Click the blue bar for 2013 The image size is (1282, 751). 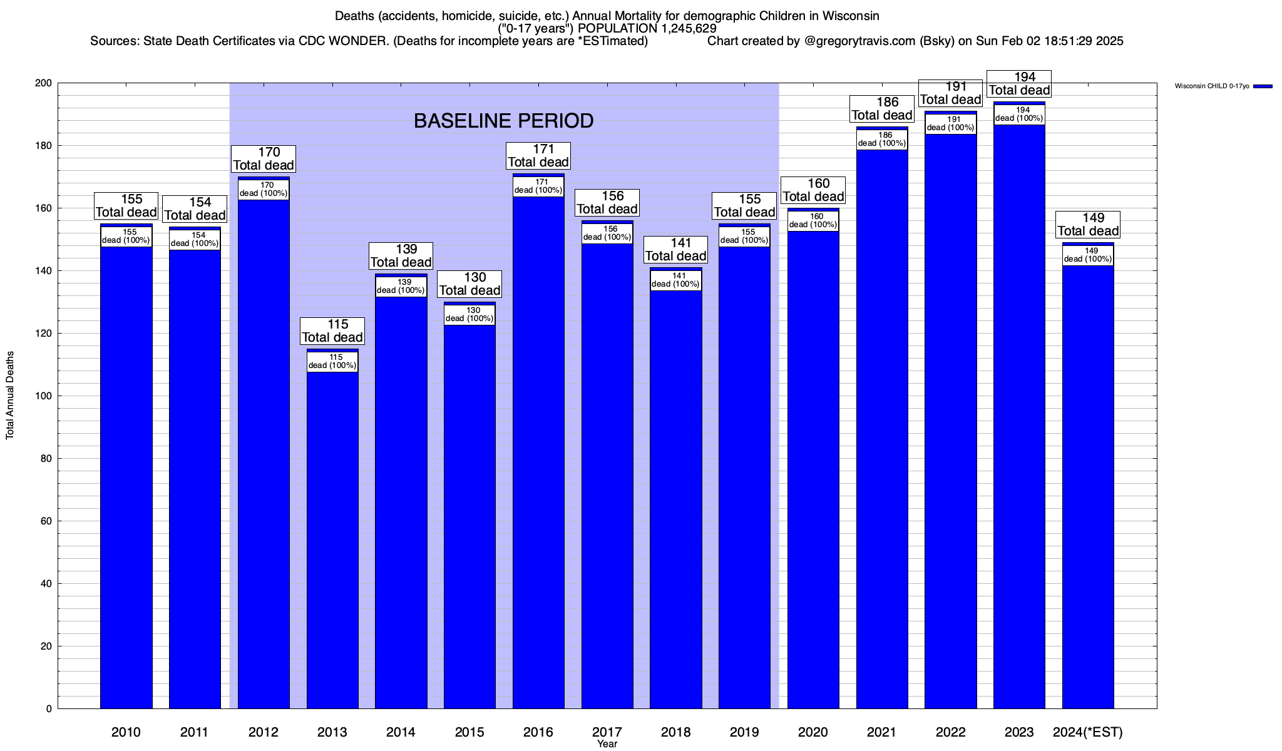click(332, 538)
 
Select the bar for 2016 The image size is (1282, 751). click(538, 451)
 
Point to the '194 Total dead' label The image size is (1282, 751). click(1019, 84)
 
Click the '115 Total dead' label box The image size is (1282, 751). click(332, 331)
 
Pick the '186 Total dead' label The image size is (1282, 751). click(882, 109)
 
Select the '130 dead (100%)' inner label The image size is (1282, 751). click(469, 315)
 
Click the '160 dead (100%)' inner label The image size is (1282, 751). click(813, 221)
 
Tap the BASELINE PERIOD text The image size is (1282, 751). click(504, 121)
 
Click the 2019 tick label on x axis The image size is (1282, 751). click(744, 732)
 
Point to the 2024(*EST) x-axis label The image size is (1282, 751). click(1088, 732)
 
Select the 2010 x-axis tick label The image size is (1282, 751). click(126, 732)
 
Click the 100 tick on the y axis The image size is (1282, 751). click(45, 396)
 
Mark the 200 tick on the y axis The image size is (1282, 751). click(45, 83)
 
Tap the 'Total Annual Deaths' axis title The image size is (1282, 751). click(10, 396)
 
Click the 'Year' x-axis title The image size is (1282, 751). click(607, 744)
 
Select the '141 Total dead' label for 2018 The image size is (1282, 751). click(675, 250)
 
